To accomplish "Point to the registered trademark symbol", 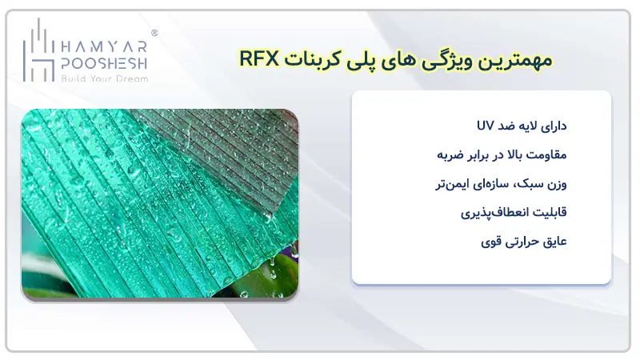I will click(x=154, y=34).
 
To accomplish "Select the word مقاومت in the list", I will click(x=543, y=154).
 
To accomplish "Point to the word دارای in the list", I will click(x=550, y=126).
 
